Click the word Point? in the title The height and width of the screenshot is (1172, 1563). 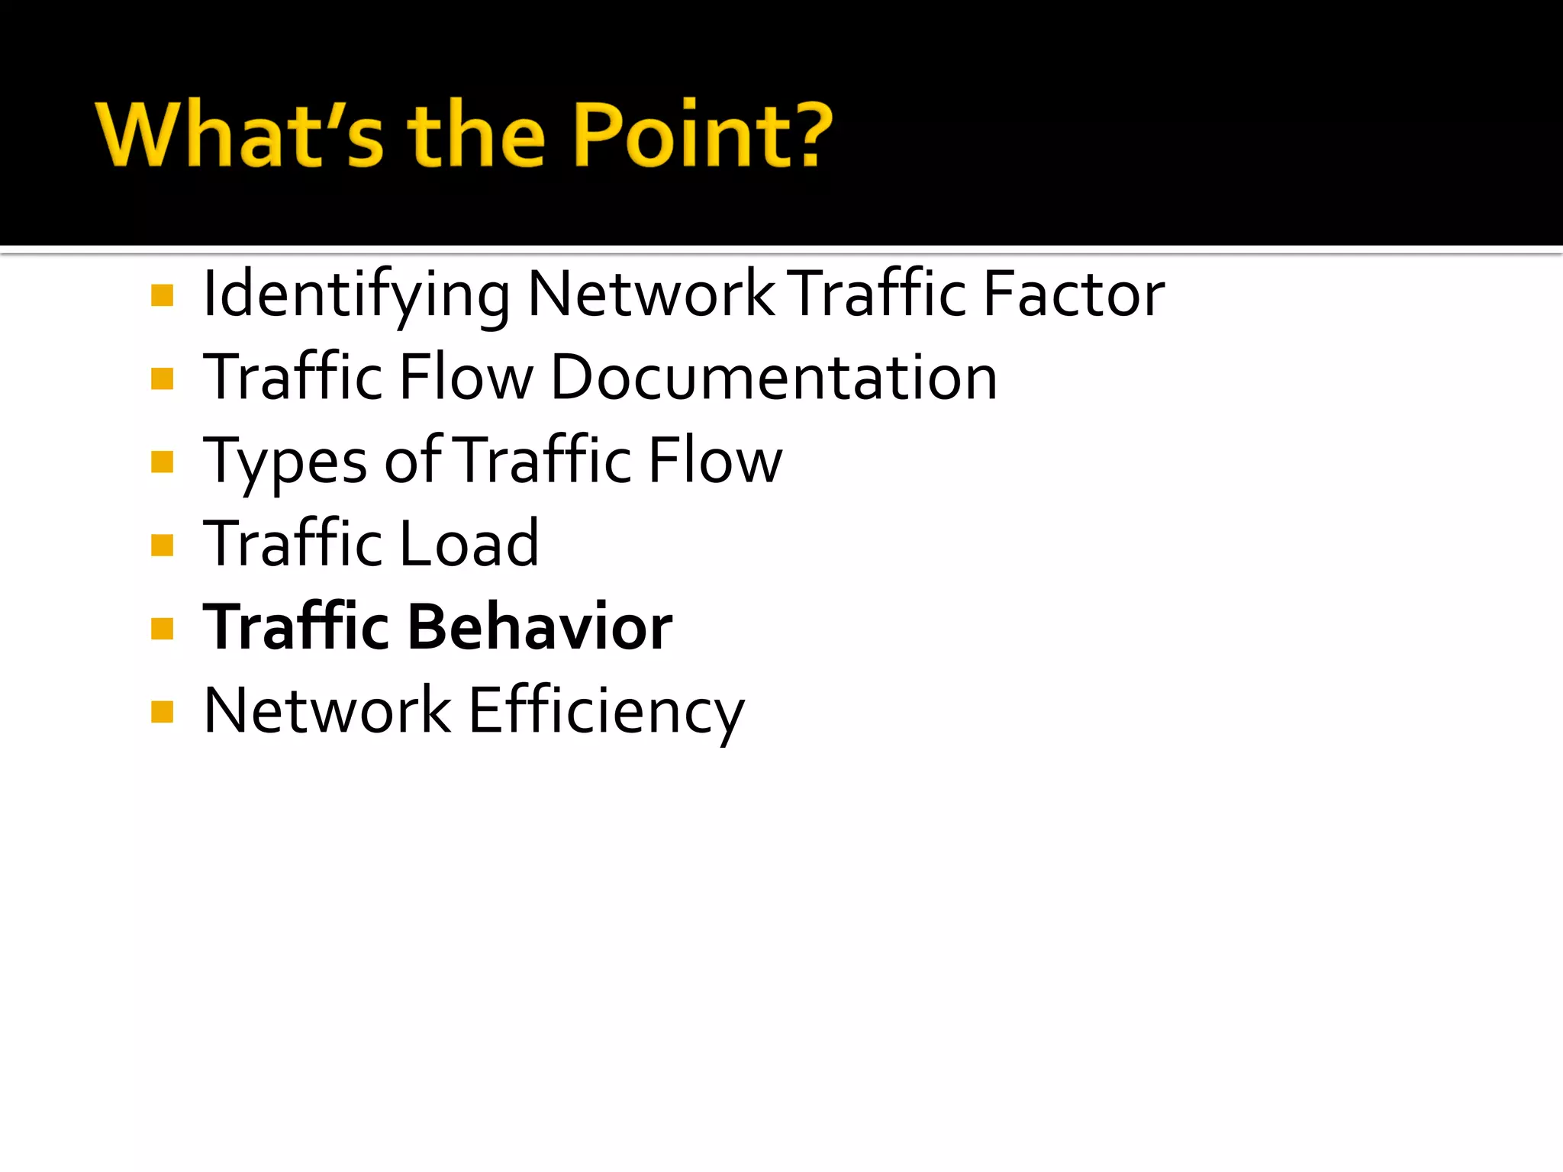(701, 134)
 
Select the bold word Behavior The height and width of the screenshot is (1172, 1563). (540, 627)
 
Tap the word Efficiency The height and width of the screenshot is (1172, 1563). (606, 711)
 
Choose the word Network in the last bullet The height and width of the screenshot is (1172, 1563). (327, 711)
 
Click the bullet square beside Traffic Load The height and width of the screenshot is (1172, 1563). (163, 545)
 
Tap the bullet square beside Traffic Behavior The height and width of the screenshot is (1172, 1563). (163, 629)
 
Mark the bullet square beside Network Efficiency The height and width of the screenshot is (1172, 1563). (163, 712)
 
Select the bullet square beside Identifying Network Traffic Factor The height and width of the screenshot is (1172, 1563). (163, 295)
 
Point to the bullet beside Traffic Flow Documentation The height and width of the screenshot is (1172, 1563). (163, 378)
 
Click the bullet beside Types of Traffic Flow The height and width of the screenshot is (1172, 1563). (163, 462)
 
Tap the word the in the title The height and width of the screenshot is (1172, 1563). (476, 134)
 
